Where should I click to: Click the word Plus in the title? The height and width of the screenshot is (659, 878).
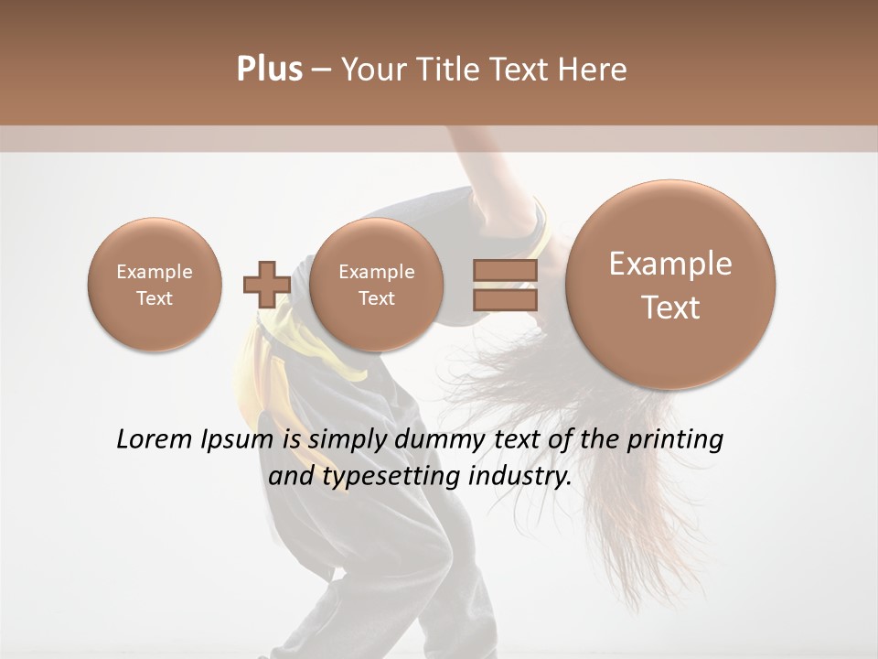pos(269,70)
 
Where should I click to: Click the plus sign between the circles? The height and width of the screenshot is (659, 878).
pos(266,284)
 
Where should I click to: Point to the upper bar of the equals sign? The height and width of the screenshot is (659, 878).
pos(504,270)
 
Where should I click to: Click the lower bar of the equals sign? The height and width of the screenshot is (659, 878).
pos(504,299)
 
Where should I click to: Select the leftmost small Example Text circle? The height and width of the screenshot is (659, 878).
pos(155,285)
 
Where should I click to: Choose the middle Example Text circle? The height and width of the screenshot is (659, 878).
pos(376,285)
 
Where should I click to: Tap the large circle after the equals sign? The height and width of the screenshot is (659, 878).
pos(670,285)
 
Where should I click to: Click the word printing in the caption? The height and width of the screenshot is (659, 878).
pos(675,440)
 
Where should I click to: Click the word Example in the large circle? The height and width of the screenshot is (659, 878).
pos(670,265)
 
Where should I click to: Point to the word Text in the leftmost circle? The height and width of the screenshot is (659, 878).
pos(155,298)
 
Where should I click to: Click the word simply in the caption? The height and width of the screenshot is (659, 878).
pos(347,440)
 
